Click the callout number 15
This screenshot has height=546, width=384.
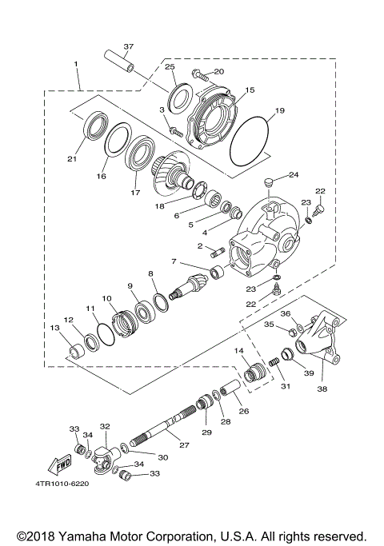(x=250, y=91)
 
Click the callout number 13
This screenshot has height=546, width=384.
(x=54, y=328)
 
